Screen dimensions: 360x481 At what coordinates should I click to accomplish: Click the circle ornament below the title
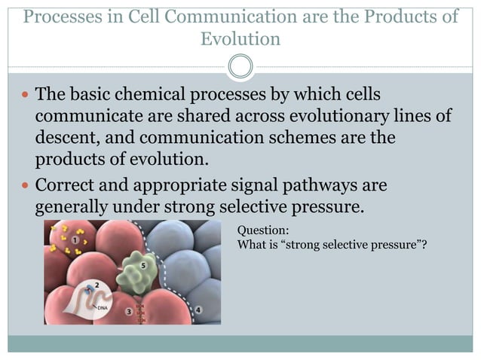tap(240, 67)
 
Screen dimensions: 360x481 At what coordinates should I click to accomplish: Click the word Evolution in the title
tap(240, 39)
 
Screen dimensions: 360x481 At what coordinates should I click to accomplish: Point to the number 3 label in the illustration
tap(129, 310)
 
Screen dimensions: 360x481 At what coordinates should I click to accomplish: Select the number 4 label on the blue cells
tap(198, 310)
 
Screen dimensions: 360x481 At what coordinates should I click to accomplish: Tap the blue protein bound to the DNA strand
tap(91, 288)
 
